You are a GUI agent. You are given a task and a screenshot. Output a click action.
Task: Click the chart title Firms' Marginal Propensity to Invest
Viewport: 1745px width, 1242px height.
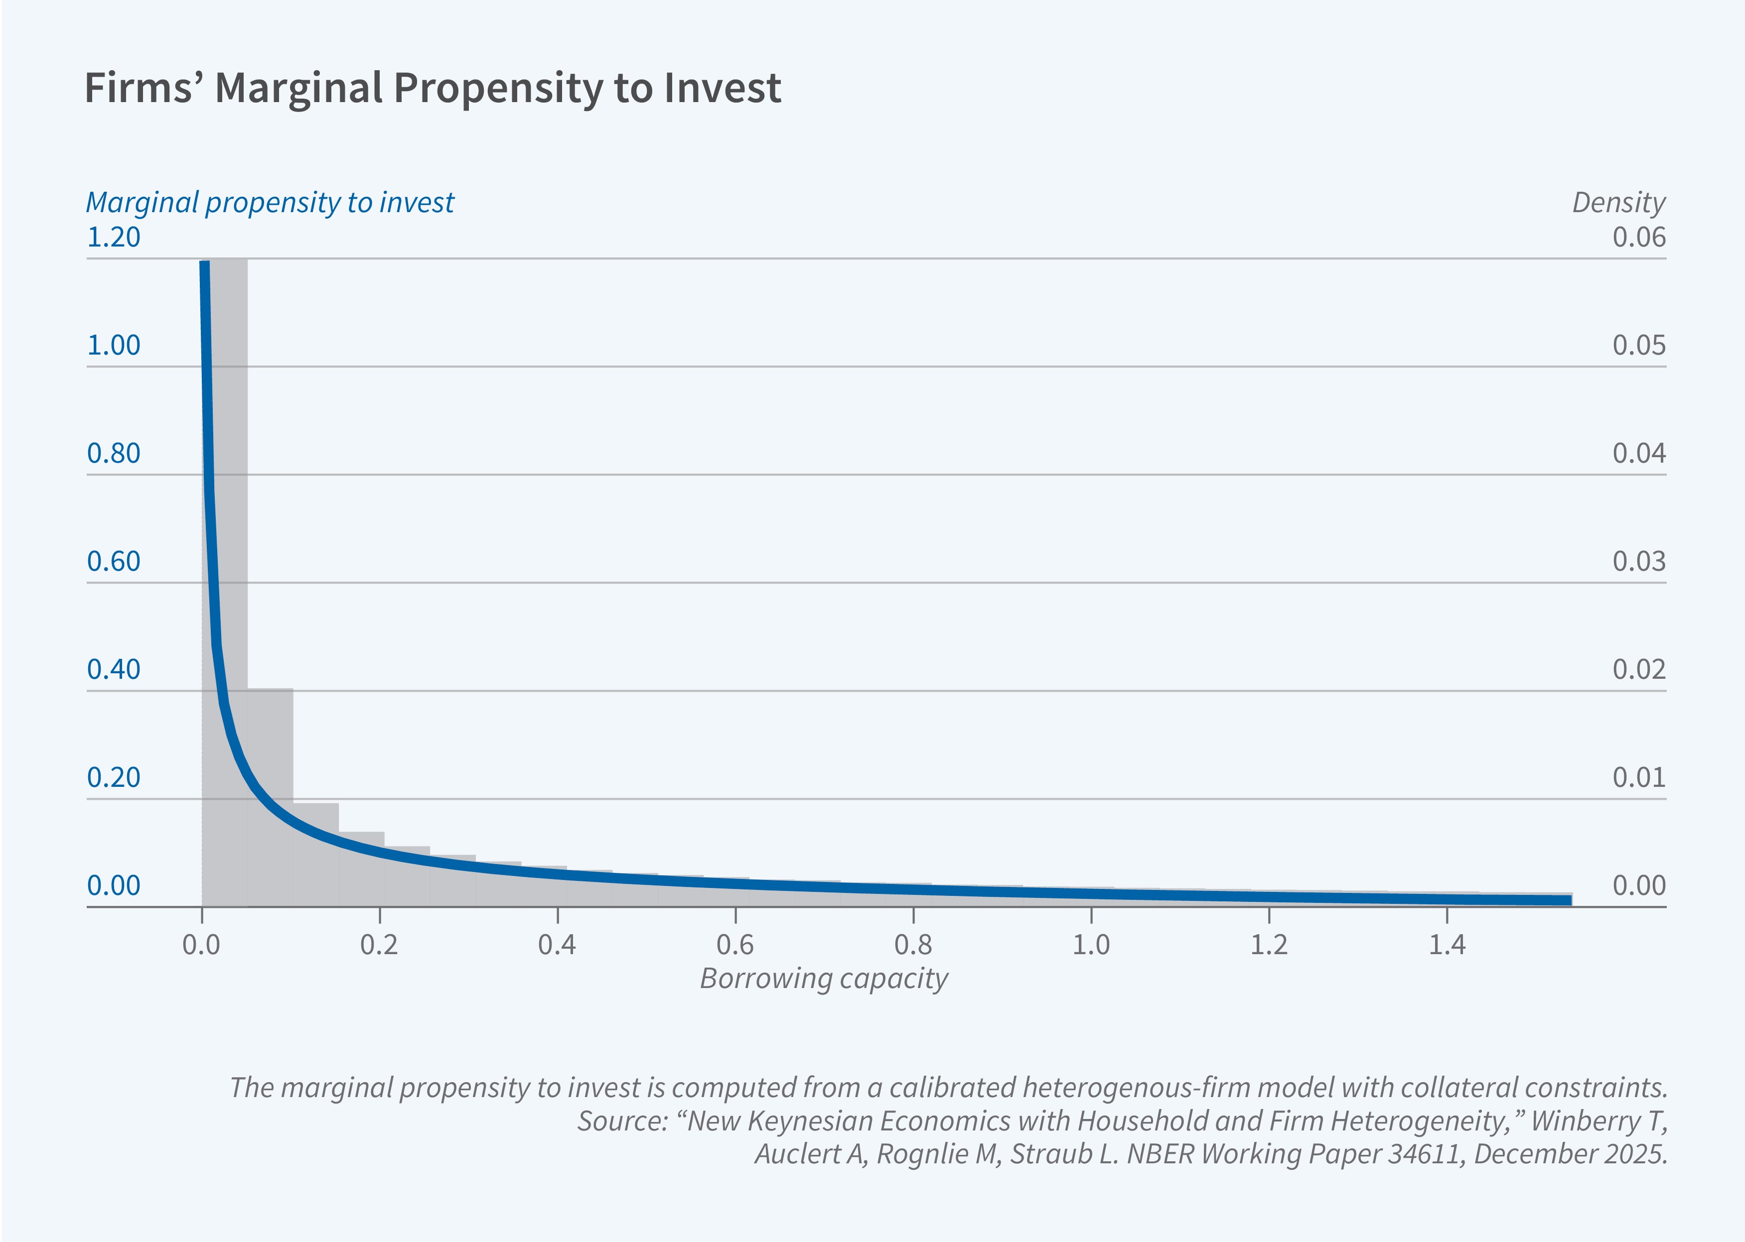[432, 88]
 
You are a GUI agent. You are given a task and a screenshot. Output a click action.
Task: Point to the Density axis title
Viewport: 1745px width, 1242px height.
[1618, 203]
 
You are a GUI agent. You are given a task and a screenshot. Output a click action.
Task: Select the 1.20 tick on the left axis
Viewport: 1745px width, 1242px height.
[113, 237]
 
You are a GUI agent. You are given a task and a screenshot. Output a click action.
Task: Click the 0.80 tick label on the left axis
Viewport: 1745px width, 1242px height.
[113, 454]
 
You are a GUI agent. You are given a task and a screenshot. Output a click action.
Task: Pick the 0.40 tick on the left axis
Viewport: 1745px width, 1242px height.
[113, 670]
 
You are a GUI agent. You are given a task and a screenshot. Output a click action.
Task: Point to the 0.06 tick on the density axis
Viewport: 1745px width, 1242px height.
[1639, 237]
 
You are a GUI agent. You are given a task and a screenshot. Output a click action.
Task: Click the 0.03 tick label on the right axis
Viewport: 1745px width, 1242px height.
[1639, 561]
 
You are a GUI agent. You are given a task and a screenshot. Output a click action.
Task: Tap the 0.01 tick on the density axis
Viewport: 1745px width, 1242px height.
[1639, 778]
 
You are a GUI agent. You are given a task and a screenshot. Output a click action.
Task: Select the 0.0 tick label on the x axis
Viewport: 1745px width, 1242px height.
[201, 945]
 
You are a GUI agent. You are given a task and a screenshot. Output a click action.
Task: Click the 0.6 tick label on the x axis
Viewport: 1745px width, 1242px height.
[735, 945]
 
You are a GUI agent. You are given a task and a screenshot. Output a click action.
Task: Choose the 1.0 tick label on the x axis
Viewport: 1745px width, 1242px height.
[1091, 945]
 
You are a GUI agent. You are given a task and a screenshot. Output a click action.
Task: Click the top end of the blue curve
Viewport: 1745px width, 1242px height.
[204, 264]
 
